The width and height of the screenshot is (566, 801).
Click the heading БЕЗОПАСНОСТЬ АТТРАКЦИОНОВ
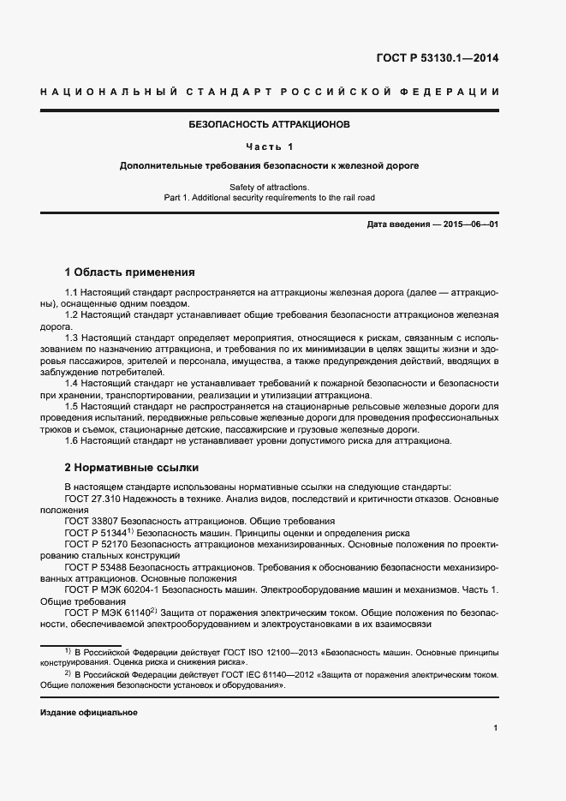270,124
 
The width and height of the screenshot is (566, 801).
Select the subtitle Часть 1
270,146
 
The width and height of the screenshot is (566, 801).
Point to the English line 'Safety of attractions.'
270,187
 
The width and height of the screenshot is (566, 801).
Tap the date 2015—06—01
469,224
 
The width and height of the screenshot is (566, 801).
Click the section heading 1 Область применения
130,272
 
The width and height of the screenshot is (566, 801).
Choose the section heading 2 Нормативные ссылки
132,468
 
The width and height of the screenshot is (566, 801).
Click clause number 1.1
73,293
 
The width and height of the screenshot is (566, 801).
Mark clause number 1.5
73,405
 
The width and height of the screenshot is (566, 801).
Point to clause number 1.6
73,440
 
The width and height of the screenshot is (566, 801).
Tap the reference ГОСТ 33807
92,521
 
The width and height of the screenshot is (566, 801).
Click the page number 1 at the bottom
496,728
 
